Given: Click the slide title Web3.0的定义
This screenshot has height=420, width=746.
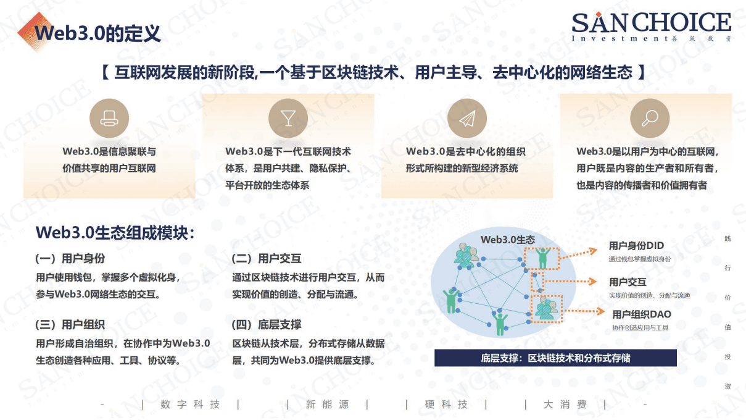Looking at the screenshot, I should coord(97,33).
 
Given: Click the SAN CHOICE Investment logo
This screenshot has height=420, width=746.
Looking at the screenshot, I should coord(651,27).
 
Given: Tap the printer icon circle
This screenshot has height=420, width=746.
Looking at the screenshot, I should coord(109,118).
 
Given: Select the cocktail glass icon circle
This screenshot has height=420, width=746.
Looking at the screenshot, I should coord(288,118).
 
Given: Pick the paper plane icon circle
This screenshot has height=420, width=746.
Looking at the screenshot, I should coord(467,118).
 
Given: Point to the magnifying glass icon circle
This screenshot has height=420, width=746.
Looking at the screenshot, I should coord(649,118).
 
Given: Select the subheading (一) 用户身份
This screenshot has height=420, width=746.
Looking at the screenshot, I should coord(70,259).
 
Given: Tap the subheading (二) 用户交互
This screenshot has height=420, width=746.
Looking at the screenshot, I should coord(266,259).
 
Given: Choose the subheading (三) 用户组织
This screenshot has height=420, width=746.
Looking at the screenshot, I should coord(70,324).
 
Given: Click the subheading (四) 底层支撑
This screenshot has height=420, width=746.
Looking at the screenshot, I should coord(266,324).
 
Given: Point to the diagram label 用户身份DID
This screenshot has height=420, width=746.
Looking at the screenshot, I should coord(636,246).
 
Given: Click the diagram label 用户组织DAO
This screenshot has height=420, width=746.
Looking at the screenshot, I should coord(642,314).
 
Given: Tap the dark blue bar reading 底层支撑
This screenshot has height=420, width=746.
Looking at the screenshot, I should coord(555,358).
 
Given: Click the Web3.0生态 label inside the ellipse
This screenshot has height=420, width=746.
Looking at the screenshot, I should coord(508,240).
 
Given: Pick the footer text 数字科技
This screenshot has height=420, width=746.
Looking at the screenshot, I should coord(190,405).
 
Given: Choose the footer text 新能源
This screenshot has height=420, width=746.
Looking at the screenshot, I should coord(327,405).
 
